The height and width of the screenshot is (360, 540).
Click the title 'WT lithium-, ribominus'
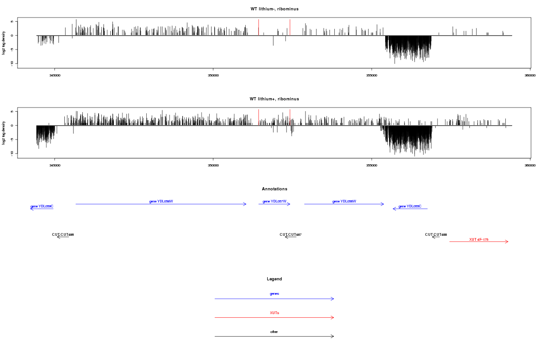(x=274, y=9)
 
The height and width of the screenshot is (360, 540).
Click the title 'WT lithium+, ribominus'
(x=274, y=99)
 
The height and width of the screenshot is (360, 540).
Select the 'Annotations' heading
(x=274, y=189)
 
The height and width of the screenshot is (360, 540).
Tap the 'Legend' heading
(x=274, y=279)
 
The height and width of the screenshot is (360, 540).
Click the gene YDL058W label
(x=161, y=201)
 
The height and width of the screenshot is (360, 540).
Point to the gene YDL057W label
(x=274, y=201)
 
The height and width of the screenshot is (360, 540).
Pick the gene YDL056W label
(x=344, y=201)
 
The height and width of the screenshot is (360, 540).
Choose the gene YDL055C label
(x=410, y=206)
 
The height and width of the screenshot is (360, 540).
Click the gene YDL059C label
(x=42, y=206)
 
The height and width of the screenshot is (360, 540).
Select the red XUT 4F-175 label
(x=479, y=239)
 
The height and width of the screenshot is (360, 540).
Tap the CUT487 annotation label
(x=290, y=234)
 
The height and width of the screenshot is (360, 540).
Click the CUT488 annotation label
(x=436, y=234)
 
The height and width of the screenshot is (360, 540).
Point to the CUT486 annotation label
(x=63, y=234)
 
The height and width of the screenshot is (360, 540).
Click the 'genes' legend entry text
(x=274, y=293)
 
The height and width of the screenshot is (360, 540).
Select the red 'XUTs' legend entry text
(x=274, y=312)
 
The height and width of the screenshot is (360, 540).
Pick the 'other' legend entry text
(x=274, y=332)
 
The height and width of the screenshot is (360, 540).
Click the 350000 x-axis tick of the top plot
(x=213, y=75)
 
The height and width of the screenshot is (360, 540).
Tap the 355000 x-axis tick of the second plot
(x=372, y=165)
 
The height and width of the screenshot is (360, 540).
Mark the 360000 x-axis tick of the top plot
(x=530, y=75)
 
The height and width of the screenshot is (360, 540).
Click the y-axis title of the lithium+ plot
(x=4, y=133)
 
